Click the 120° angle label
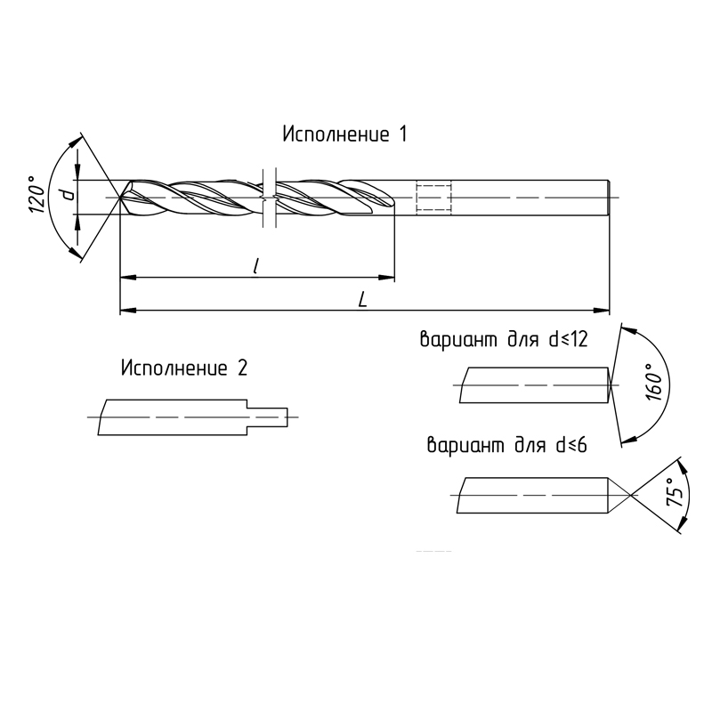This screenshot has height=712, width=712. coord(37,194)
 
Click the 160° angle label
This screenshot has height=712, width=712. coord(654,382)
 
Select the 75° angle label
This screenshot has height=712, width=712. coord(675,492)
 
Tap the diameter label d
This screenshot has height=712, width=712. coord(69,195)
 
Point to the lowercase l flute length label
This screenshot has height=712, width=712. coord(256,266)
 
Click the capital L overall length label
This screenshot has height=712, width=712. coord(362,300)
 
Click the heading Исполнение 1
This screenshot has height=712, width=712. coord(345,134)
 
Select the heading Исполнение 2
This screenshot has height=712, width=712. coord(184,368)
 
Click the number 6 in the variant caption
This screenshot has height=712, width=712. coord(582,446)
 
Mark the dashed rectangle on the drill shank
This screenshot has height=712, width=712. coord(433,198)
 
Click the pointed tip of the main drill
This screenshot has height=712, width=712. coord(120,198)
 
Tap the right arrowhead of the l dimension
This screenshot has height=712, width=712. coord(386,278)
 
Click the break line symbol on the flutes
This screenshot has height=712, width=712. coord(269,198)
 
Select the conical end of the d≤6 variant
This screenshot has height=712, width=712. coord(619,495)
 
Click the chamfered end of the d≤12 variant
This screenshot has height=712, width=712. coord(610,385)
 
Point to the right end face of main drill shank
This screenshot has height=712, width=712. coord(609,198)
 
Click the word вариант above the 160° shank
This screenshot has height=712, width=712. coord(458,340)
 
